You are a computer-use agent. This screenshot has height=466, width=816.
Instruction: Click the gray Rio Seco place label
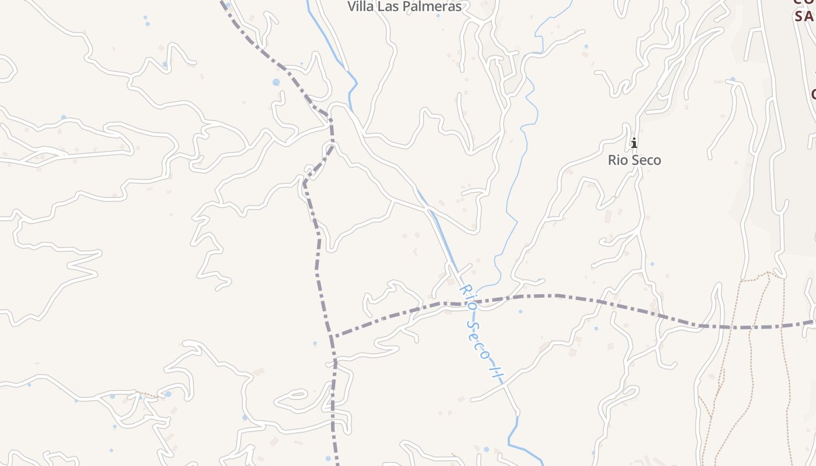click(x=634, y=160)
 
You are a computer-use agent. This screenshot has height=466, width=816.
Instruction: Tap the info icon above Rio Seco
click(x=634, y=142)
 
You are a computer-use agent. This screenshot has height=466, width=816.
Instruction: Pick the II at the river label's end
click(x=495, y=370)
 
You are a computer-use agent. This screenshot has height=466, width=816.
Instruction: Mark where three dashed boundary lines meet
click(x=331, y=337)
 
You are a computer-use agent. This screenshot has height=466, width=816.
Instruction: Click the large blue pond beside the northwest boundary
click(x=276, y=83)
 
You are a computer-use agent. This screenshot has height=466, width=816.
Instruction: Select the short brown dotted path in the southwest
click(x=149, y=396)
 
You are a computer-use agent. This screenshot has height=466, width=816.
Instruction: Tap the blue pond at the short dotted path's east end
click(x=168, y=394)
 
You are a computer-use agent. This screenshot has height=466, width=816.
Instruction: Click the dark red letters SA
click(x=804, y=16)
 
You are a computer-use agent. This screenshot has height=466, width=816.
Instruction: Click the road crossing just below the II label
click(x=505, y=384)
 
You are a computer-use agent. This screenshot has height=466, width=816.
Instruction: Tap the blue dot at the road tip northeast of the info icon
click(x=732, y=79)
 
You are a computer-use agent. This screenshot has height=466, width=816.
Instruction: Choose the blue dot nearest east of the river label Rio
click(x=520, y=311)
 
